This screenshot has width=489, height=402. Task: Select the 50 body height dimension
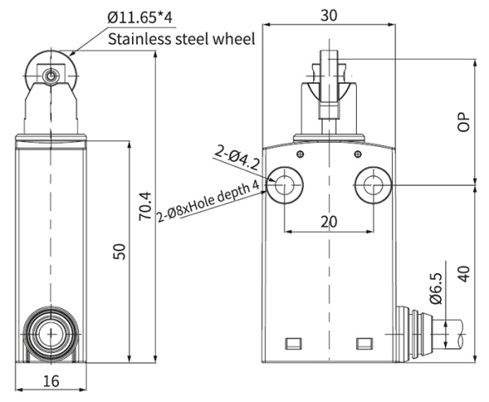120,252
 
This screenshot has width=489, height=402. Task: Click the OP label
464,121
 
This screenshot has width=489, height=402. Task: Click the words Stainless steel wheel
183,38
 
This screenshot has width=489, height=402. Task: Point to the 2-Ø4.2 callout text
237,156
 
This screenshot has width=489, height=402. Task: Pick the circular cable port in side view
51,334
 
